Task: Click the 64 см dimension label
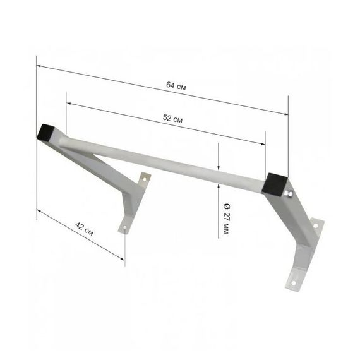click(x=176, y=86)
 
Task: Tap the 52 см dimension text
click(x=172, y=119)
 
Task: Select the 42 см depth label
click(x=84, y=229)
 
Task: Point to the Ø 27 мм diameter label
click(x=226, y=219)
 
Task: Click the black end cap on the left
click(x=45, y=132)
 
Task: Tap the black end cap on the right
click(x=275, y=184)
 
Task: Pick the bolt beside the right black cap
click(x=289, y=194)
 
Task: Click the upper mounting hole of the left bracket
click(x=145, y=179)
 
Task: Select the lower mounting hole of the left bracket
click(x=125, y=228)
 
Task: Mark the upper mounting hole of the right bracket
click(x=315, y=226)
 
